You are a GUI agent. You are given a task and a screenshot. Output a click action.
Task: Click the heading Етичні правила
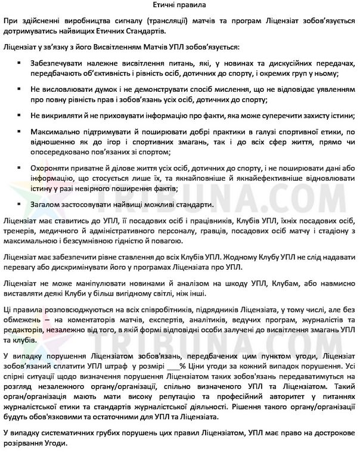pos(180,5)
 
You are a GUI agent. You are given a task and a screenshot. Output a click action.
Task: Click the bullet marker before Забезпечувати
pos(21,63)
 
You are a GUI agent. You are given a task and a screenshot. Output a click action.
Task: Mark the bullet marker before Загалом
pos(21,205)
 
